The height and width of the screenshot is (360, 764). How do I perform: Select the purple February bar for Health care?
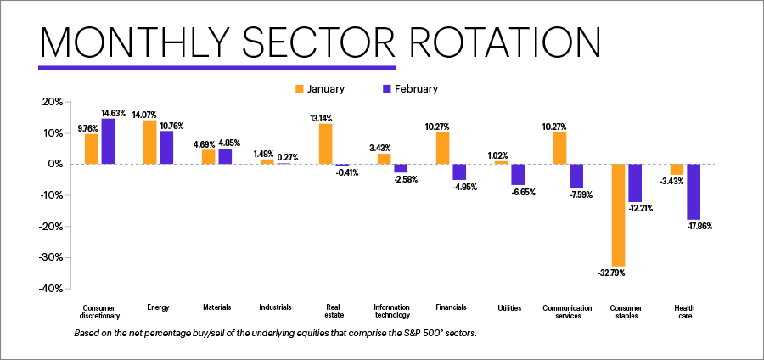(694, 192)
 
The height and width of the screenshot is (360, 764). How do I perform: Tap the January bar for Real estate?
(325, 143)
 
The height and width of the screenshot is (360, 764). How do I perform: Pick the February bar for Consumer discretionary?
(109, 141)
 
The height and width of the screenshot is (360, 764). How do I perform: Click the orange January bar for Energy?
(149, 142)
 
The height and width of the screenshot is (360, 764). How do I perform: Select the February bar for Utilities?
(518, 174)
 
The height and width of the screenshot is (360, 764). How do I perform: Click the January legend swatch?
(299, 88)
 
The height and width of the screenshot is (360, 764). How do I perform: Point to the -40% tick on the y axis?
(50, 289)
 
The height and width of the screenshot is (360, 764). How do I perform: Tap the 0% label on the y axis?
(55, 164)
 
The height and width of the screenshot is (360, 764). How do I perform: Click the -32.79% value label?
(617, 273)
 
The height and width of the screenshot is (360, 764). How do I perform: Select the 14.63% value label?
(115, 112)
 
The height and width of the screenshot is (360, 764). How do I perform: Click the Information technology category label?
(391, 312)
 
